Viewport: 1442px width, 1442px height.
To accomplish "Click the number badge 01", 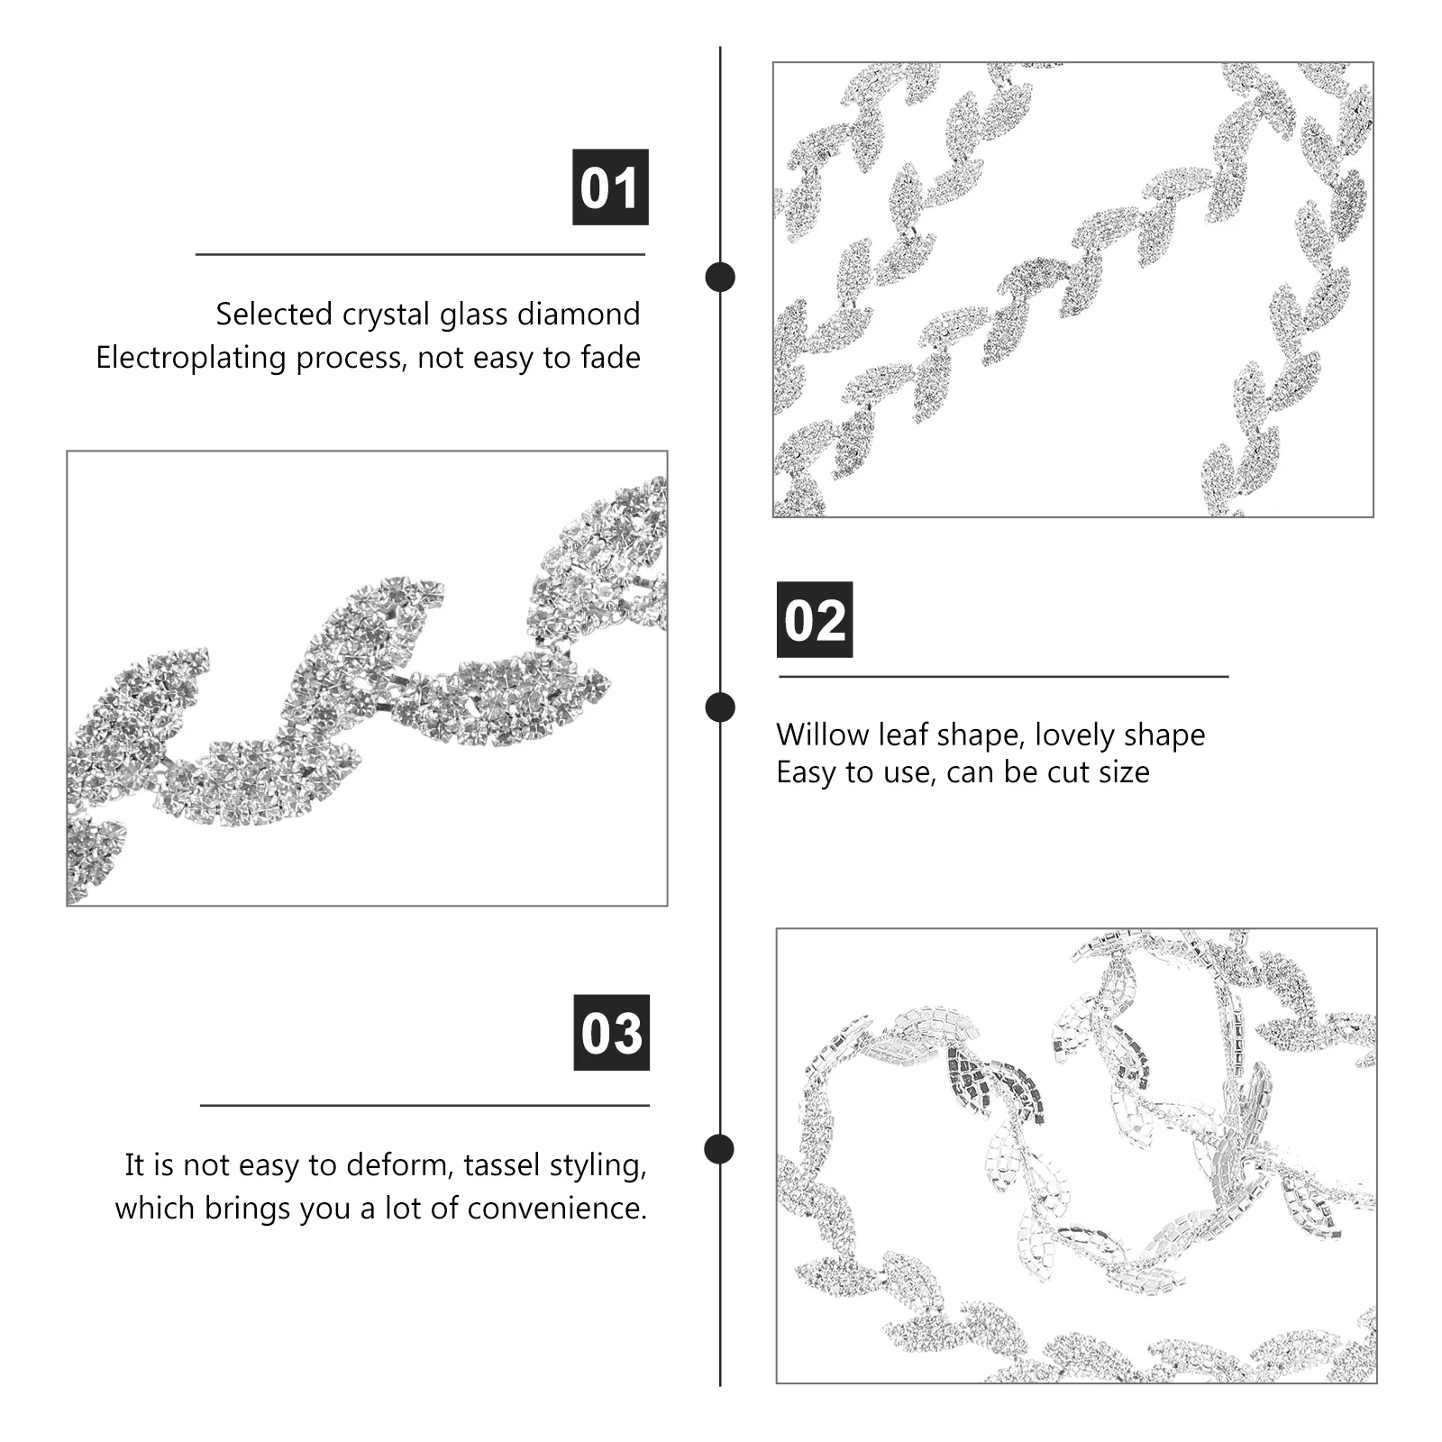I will point(610,187).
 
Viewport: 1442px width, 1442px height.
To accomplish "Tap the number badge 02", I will point(815,620).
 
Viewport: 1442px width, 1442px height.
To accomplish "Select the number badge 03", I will point(611,1033).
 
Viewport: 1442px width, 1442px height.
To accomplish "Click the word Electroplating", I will point(191,358).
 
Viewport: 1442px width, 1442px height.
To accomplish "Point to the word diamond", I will point(578,314).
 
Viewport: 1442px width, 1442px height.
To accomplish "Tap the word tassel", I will point(507,1164).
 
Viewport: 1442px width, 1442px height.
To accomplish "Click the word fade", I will point(611,358).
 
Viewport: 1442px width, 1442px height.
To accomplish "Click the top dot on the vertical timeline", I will point(719,277).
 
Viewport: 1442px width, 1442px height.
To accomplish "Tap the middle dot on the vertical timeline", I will point(719,707).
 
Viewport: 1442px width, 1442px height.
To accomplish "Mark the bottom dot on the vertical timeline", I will point(719,1149).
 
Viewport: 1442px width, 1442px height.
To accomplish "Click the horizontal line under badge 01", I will point(420,255).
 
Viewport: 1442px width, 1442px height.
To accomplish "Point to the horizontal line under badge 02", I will point(1003,676).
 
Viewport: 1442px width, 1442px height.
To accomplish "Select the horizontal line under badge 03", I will point(424,1105).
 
